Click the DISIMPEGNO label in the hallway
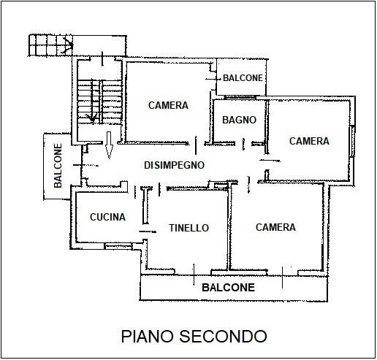click(174, 165)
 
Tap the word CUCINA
click(107, 217)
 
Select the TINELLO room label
click(189, 228)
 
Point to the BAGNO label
click(239, 120)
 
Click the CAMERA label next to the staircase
click(168, 105)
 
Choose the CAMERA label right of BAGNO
click(309, 141)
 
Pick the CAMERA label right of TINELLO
click(275, 227)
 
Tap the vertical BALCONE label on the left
click(58, 166)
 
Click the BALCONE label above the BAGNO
click(243, 78)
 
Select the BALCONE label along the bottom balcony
click(228, 288)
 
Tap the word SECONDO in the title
click(223, 337)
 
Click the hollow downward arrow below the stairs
click(109, 145)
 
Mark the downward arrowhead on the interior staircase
click(93, 118)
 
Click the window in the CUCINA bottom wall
click(118, 246)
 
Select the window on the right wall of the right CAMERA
click(351, 142)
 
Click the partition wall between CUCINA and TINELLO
click(145, 206)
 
